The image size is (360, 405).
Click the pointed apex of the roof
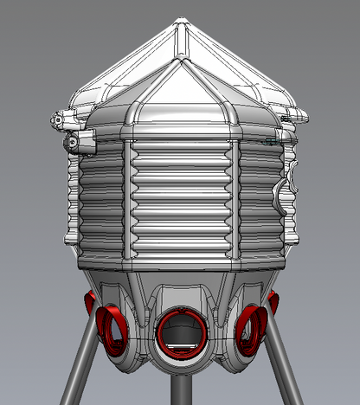click(x=180, y=20)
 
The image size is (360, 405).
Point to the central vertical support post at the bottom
click(x=180, y=389)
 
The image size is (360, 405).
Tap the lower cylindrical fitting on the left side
click(x=75, y=138)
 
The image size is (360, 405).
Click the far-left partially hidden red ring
click(x=88, y=303)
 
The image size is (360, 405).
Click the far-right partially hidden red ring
click(x=273, y=302)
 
